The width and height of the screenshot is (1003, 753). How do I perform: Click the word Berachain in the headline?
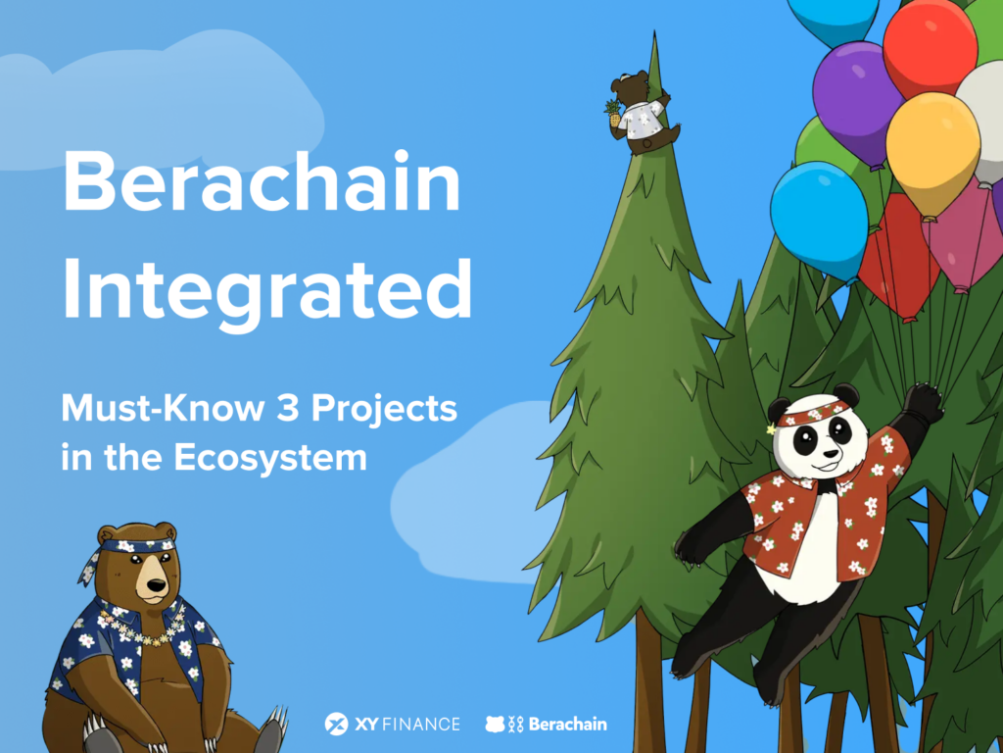[262, 184]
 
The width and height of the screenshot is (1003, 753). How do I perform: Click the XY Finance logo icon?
[337, 724]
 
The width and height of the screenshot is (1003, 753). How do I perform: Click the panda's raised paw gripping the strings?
[921, 402]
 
